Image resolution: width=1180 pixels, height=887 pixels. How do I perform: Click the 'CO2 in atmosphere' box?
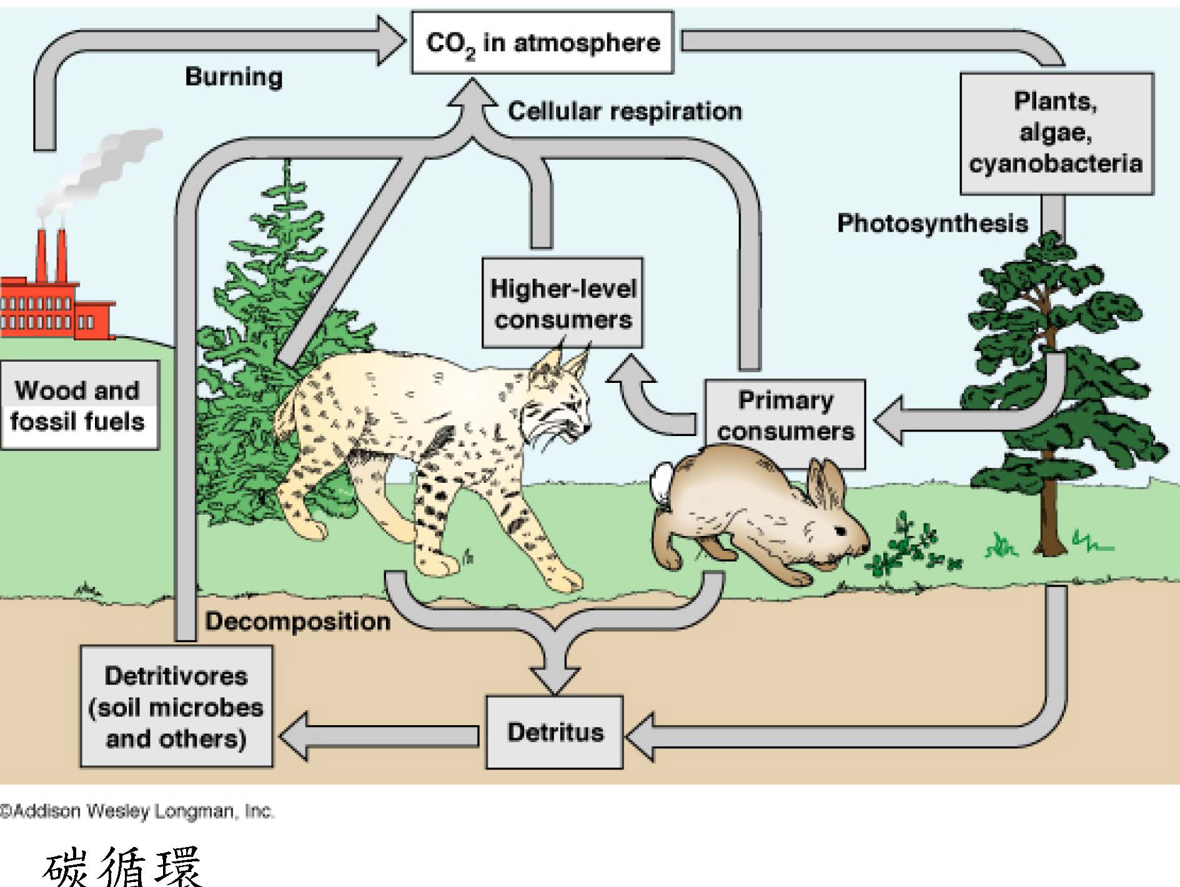point(542,42)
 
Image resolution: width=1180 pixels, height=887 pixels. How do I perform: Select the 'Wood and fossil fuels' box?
point(79,405)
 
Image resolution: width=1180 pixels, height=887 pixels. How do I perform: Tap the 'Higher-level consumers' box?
point(562,304)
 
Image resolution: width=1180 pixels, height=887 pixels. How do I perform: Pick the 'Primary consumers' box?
point(785,415)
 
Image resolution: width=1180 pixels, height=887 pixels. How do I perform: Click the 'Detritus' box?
point(555,731)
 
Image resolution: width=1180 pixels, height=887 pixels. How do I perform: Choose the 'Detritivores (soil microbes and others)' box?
point(176,706)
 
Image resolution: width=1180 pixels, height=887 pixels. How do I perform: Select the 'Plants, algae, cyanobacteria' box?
point(1056,132)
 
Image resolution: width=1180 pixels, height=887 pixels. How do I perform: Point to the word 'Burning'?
point(234,77)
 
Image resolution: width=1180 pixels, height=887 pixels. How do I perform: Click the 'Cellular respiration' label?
point(625,111)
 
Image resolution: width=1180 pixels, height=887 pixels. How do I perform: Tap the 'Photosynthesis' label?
point(932,223)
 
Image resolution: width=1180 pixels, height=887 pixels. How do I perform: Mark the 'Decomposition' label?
point(298,621)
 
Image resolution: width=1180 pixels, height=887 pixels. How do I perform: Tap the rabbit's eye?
point(840,532)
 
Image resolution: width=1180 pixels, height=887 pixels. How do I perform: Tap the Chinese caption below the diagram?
point(122,867)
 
